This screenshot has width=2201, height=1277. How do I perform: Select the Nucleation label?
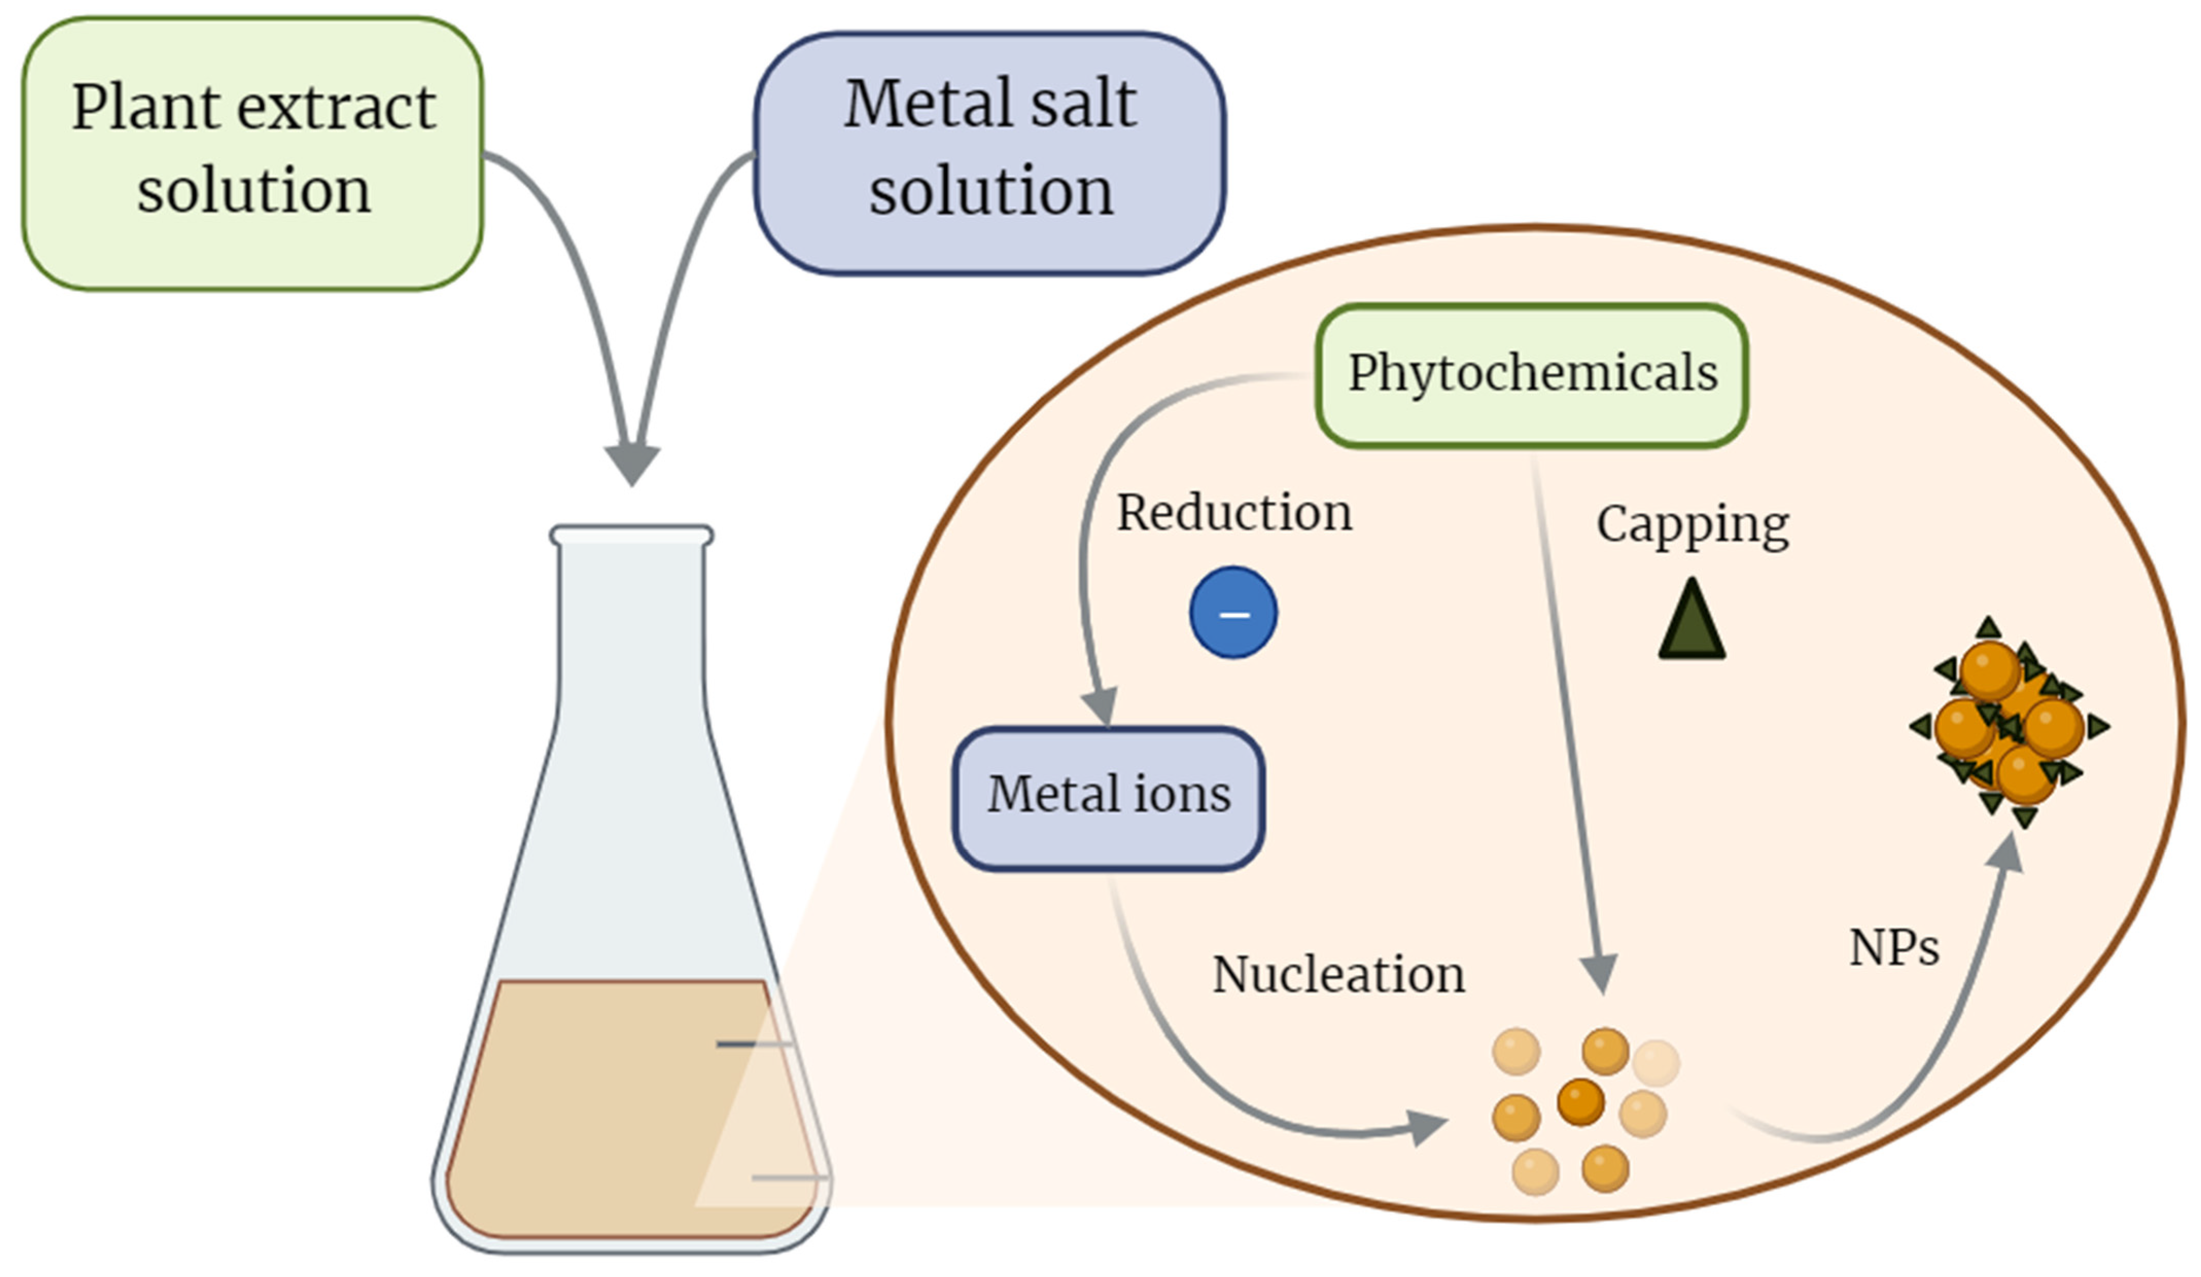[x=1338, y=975]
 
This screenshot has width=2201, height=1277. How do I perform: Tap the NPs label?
[x=1894, y=948]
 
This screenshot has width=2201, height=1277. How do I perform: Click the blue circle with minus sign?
[x=1233, y=613]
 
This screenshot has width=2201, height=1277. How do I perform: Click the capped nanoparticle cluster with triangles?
[x=2007, y=724]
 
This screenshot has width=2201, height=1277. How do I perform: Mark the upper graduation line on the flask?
[x=753, y=1044]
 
